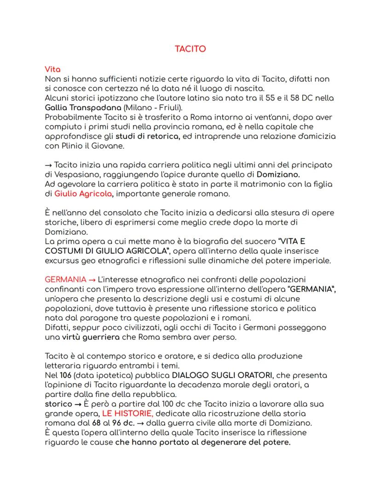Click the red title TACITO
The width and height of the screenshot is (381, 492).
[x=190, y=49]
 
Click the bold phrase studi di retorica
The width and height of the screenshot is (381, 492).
[x=147, y=136]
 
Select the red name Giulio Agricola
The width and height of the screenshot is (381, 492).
[x=83, y=194]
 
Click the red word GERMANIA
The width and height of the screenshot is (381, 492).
[x=64, y=280]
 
